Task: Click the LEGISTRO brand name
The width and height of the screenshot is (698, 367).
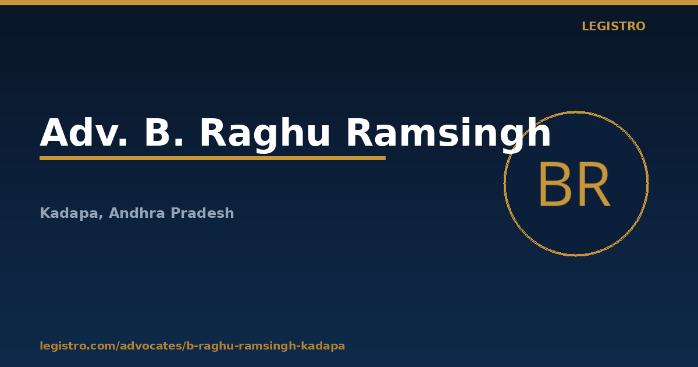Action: coord(614,26)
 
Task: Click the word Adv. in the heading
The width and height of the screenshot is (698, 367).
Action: coord(84,132)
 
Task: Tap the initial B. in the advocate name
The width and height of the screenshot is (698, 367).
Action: coord(164,132)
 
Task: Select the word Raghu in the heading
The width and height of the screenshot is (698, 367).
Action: coord(265,135)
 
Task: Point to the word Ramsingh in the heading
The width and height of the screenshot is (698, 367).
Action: coord(448,135)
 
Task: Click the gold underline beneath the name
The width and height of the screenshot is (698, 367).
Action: coord(212,158)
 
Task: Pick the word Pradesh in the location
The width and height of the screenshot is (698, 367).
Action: coord(202,213)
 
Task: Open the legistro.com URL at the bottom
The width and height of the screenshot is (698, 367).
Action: coord(193,346)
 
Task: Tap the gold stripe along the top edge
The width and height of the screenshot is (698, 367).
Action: coord(349,2)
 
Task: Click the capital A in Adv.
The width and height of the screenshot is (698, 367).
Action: coord(55,132)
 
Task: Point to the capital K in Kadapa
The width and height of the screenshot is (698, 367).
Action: coord(45,213)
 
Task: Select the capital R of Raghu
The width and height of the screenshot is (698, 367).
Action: coord(213,132)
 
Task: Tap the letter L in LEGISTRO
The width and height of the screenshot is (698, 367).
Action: coord(586,26)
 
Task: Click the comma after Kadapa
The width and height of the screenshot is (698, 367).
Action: coord(101,217)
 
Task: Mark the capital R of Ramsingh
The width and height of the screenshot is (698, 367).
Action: coord(361,132)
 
